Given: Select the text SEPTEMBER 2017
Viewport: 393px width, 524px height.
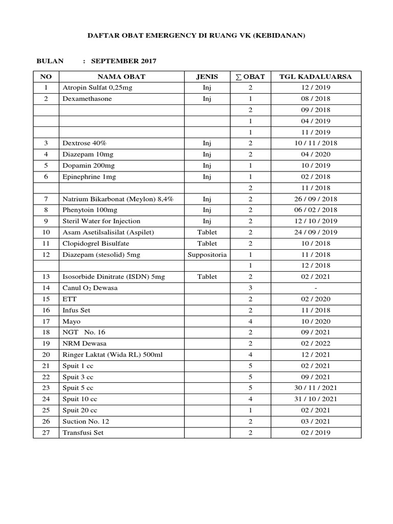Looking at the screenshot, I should (123, 61).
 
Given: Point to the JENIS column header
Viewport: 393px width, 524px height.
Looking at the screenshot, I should (207, 77).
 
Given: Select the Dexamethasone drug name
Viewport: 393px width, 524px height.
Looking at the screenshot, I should (86, 99).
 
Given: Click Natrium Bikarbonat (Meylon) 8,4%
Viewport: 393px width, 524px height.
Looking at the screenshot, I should (117, 199).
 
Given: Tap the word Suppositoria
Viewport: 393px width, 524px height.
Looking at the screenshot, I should (207, 254).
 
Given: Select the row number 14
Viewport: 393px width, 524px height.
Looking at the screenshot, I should (46, 288).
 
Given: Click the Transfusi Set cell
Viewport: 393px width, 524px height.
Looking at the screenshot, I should (83, 432).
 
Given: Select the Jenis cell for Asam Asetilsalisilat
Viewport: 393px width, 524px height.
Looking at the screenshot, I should (207, 232).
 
